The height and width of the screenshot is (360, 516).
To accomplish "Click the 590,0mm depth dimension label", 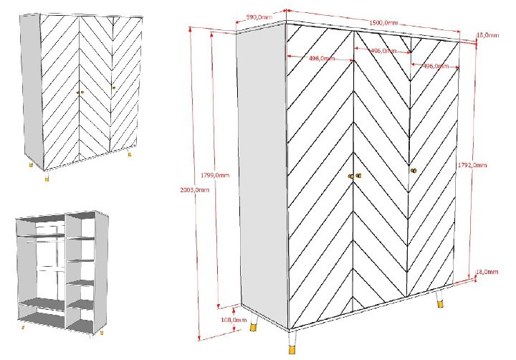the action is (x=259, y=17).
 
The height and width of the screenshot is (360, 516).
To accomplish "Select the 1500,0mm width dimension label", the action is (x=383, y=23).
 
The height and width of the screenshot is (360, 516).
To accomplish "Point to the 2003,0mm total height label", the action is (x=194, y=190).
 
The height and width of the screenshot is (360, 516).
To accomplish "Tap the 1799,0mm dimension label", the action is (x=215, y=175).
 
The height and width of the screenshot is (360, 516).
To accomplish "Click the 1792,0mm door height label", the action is (x=472, y=165).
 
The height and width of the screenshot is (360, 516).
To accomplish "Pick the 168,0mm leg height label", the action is (x=234, y=320).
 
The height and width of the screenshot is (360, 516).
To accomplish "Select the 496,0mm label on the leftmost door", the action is (x=322, y=59).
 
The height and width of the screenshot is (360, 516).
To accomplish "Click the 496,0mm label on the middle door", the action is (x=383, y=51).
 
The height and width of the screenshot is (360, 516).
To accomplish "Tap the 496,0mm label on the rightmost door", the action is (x=436, y=66).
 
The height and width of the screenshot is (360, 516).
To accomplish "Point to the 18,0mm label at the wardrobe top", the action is (x=488, y=35).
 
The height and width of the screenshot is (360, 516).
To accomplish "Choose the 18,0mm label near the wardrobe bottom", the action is (x=487, y=272).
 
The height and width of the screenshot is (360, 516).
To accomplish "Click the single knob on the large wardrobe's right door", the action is (x=414, y=171).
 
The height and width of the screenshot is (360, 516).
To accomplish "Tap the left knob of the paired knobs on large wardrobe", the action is (x=350, y=176).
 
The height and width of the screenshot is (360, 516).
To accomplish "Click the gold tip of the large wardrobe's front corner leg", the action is (x=292, y=349).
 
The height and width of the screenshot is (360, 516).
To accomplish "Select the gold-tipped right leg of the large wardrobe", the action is (x=439, y=300).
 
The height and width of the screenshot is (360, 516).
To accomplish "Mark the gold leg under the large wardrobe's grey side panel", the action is (x=254, y=323).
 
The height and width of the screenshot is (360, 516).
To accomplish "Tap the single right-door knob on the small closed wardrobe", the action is (x=113, y=87).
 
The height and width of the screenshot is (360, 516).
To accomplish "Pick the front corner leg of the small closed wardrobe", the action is (x=47, y=176).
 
